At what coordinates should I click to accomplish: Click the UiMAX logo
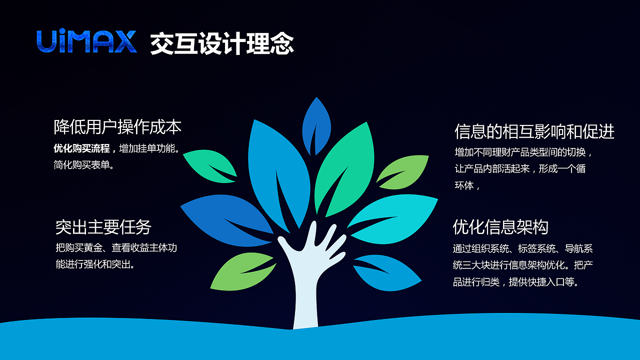point(86,42)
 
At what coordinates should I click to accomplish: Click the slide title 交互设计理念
point(221,44)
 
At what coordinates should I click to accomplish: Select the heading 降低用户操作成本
point(117,127)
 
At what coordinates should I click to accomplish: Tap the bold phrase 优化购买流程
point(81,148)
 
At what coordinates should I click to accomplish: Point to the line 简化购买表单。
point(84,164)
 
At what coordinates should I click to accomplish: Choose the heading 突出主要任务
point(103,227)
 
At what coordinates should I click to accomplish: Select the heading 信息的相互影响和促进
point(534,131)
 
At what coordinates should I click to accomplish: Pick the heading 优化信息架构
point(500,227)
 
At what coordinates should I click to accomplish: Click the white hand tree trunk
point(306,280)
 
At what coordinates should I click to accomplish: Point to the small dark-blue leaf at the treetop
point(316,125)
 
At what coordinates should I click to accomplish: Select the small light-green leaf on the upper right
point(403,171)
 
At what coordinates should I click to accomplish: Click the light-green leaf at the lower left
point(242,271)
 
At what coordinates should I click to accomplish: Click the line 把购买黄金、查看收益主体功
point(116,247)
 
